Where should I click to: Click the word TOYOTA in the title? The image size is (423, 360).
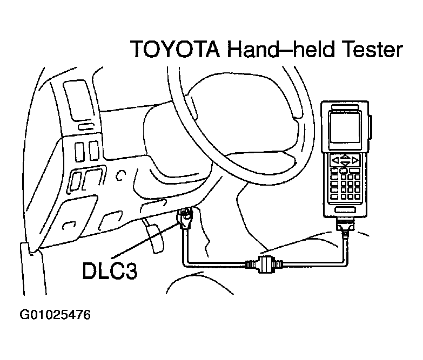point(176,49)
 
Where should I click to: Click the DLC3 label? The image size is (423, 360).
point(110,270)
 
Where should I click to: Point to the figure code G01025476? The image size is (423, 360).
point(55,315)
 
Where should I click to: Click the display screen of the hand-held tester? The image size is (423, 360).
point(345,128)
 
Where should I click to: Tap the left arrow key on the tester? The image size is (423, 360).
point(335,161)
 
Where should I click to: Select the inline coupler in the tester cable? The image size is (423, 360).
point(264,263)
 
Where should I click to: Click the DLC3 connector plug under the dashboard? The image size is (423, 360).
point(185,218)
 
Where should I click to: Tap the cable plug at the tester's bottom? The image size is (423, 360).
point(345,225)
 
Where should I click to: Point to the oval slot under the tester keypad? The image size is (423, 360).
point(345,210)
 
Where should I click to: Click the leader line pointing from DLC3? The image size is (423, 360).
point(146,240)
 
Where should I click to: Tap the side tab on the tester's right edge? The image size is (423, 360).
point(370,127)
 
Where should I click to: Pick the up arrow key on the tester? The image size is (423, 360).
point(345,157)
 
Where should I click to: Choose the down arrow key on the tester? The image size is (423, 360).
point(345,164)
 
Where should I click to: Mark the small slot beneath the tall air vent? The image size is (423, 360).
point(86,127)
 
